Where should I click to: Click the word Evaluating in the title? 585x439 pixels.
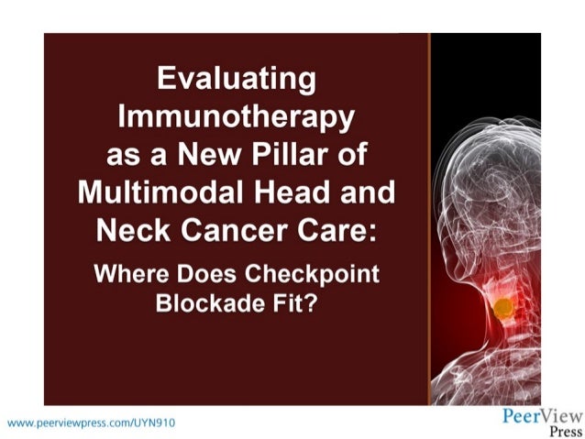click(237, 80)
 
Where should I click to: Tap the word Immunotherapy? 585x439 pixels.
click(237, 118)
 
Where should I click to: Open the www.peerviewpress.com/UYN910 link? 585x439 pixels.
click(90, 423)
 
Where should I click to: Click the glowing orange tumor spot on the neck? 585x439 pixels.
click(502, 309)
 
